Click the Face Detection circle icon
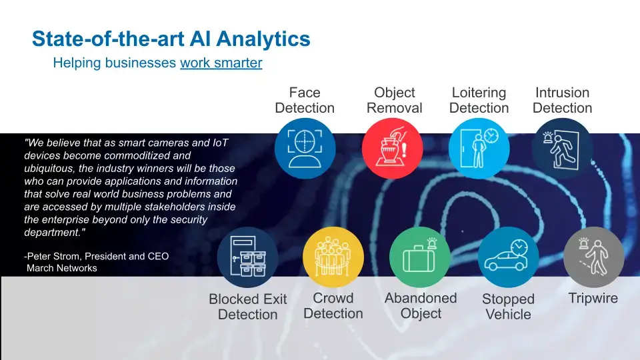[x=305, y=148]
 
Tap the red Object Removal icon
[x=392, y=148]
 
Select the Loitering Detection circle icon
[x=479, y=148]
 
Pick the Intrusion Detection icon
[x=563, y=149]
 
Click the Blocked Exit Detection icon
[x=247, y=257]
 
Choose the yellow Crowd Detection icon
[x=333, y=257]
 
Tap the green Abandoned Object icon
[x=419, y=257]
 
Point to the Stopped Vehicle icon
[x=508, y=257]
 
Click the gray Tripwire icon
[x=593, y=257]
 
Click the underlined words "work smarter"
[x=221, y=63]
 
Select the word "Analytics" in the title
[x=263, y=39]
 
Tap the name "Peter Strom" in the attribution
[x=53, y=256]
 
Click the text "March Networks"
[x=62, y=268]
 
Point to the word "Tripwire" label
[x=593, y=298]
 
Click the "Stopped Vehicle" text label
[x=508, y=307]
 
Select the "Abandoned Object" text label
[x=421, y=306]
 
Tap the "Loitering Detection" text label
[x=479, y=100]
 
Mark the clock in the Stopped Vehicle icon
[x=519, y=247]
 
